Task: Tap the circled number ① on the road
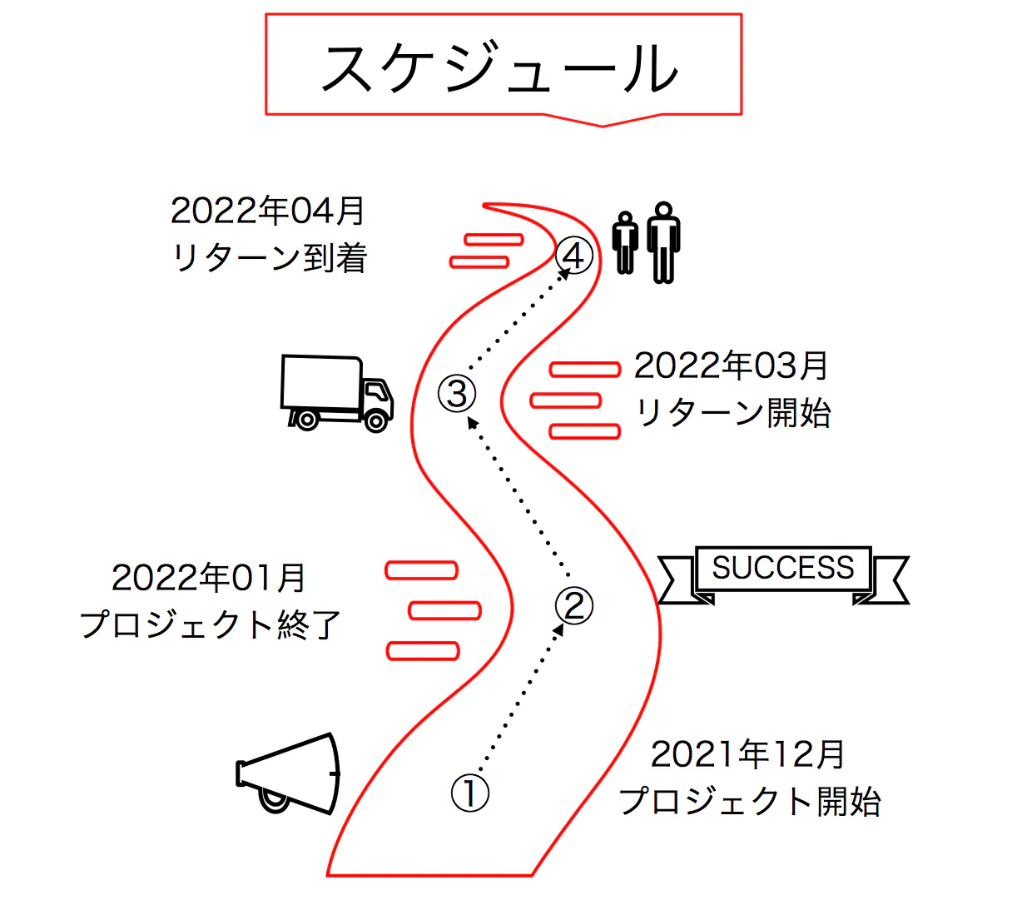point(469,793)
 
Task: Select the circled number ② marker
point(574,605)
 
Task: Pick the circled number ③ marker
point(457,393)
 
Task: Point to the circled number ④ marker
point(574,256)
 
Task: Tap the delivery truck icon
point(336,393)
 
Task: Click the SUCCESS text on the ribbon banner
point(782,568)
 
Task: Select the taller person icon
point(663,241)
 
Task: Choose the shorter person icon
point(626,243)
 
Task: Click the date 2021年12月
point(747,754)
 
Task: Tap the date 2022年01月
point(208,578)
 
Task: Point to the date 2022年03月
point(731,365)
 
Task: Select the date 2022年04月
point(267,211)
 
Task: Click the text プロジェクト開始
point(749,801)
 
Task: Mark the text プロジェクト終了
point(210,624)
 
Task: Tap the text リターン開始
point(732,412)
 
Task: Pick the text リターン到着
point(269,257)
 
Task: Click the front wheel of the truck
point(376,421)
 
